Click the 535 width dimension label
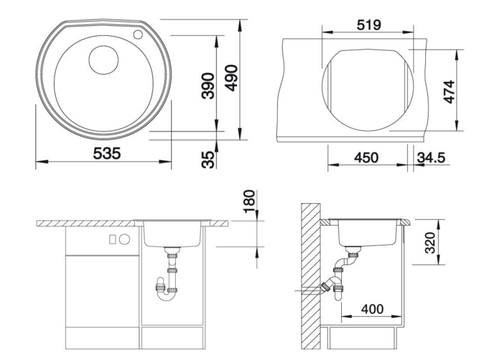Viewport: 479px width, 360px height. click(x=107, y=153)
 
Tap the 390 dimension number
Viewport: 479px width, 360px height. click(x=208, y=86)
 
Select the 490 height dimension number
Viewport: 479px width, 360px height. click(x=231, y=78)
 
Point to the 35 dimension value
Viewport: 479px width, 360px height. click(x=208, y=160)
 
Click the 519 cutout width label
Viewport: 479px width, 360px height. click(x=369, y=25)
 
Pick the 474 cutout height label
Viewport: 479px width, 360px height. click(x=450, y=92)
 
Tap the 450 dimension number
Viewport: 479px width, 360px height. click(x=366, y=157)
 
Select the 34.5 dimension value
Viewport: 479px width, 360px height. click(x=431, y=157)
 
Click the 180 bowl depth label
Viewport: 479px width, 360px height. click(x=249, y=201)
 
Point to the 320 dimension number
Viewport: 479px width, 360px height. click(x=430, y=243)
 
